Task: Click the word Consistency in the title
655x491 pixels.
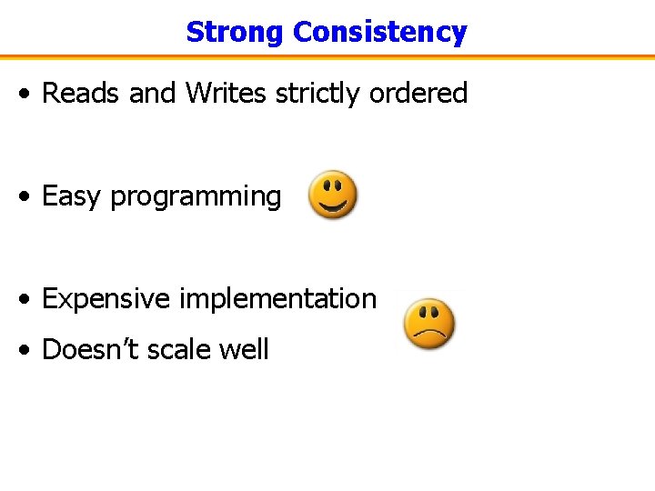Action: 379,32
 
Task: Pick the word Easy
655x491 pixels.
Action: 72,196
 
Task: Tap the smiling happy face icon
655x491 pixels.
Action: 333,194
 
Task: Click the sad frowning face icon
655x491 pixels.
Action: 429,324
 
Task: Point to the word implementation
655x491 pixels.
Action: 277,299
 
